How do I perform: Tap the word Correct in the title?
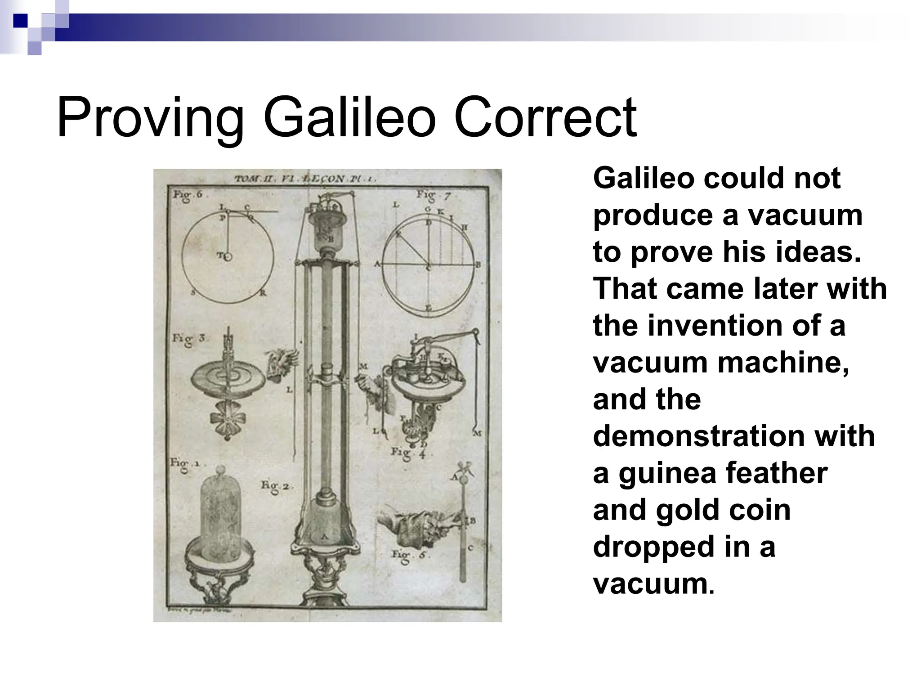tap(545, 118)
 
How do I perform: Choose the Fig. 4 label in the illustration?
tap(407, 452)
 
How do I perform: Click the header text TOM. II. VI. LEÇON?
tap(306, 179)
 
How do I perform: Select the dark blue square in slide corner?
tap(20, 20)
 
